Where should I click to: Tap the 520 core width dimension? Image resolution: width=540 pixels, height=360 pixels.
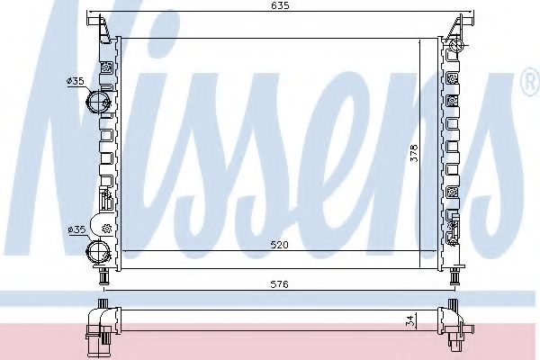(280, 243)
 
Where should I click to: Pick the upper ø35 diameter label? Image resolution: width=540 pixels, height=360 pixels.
(75, 81)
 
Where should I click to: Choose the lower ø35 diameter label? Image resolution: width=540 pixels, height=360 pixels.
(75, 229)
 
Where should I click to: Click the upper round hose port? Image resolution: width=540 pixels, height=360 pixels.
(94, 102)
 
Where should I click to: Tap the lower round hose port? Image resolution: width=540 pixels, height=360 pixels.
(94, 251)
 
